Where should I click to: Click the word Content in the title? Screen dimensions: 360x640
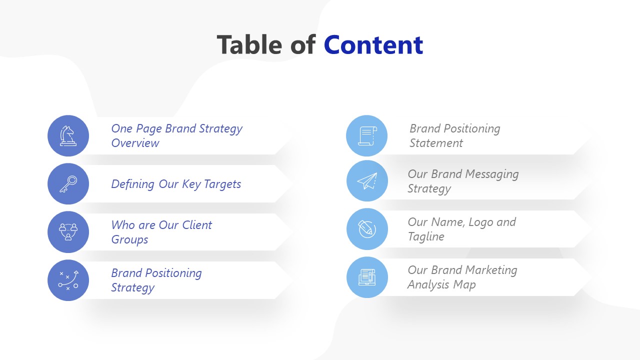pyautogui.click(x=373, y=45)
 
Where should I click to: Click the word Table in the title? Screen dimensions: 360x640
pyautogui.click(x=248, y=45)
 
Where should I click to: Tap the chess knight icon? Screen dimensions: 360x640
pyautogui.click(x=68, y=136)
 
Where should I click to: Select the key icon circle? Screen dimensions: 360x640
pyautogui.click(x=68, y=184)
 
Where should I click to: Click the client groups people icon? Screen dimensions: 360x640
pyautogui.click(x=68, y=232)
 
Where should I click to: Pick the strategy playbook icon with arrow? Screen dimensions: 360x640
pyautogui.click(x=68, y=280)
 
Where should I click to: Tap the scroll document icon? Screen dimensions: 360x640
pyautogui.click(x=366, y=136)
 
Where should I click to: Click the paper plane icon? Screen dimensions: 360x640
pyautogui.click(x=366, y=181)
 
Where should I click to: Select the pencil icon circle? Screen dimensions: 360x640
pyautogui.click(x=366, y=229)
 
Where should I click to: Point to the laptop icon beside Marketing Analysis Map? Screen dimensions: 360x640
pyautogui.click(x=366, y=277)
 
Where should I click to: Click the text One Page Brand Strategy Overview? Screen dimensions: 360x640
pyautogui.click(x=176, y=135)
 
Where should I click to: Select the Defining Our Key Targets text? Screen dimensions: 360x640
pyautogui.click(x=176, y=184)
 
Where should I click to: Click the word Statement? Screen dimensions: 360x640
pyautogui.click(x=436, y=143)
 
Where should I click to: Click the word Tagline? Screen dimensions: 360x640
pyautogui.click(x=425, y=236)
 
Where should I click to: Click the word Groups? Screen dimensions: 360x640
pyautogui.click(x=129, y=240)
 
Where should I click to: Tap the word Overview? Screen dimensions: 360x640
pyautogui.click(x=135, y=143)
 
